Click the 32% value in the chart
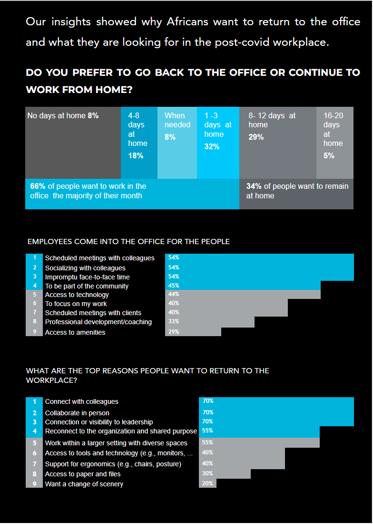212,147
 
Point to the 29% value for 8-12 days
256,137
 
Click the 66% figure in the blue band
36,186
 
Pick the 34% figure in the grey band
253,186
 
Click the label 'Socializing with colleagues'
85,268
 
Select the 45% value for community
174,286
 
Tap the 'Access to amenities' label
75,332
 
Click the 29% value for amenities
174,332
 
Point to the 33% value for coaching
174,322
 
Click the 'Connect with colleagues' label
82,401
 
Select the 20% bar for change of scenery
207,483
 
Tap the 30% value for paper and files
207,473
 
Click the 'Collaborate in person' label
77,413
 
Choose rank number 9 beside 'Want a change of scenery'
34,484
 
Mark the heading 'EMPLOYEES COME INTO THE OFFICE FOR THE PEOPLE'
128,242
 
